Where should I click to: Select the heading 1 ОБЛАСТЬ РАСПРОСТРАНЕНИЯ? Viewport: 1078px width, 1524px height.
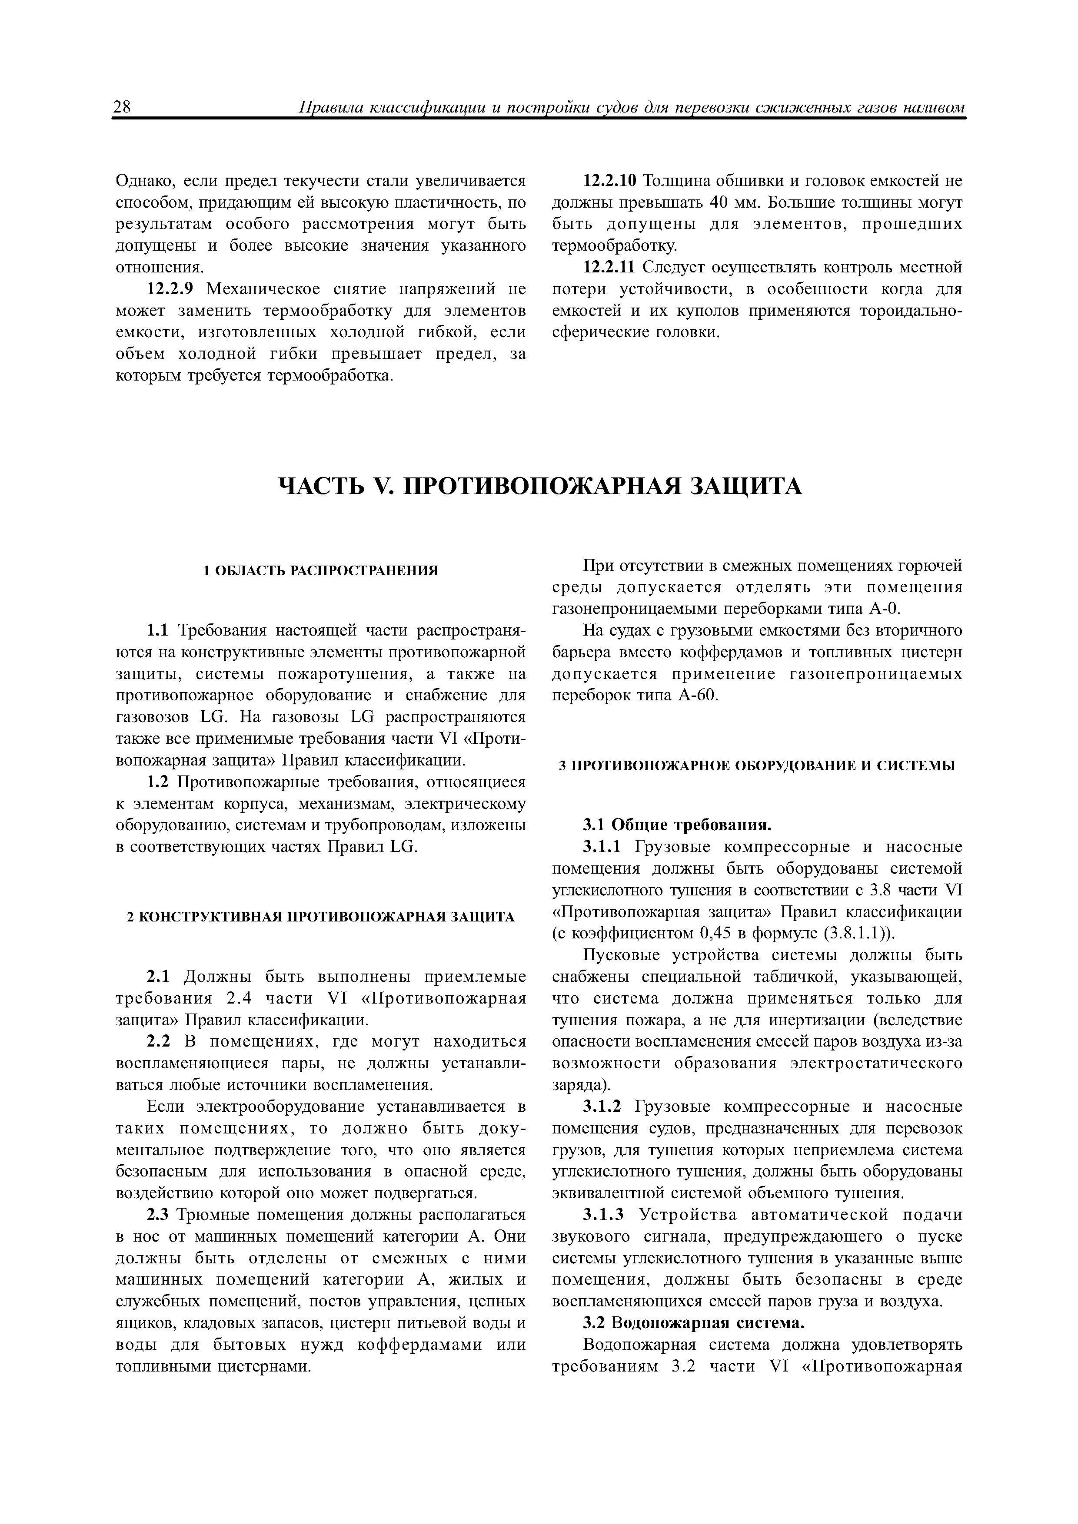click(x=321, y=570)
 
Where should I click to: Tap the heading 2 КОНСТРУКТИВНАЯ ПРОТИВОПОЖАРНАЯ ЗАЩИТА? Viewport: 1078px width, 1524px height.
click(x=321, y=917)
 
